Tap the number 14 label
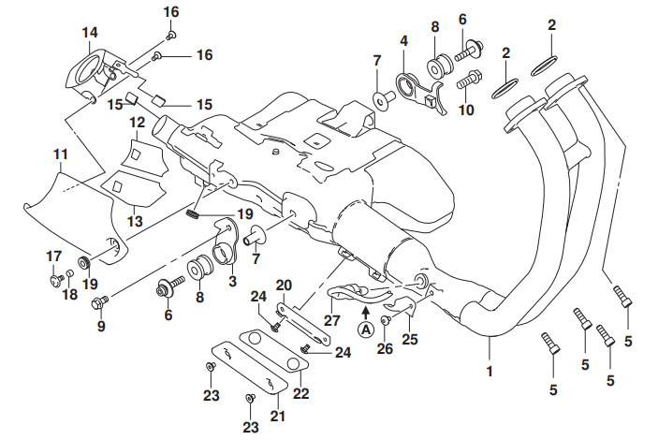pyautogui.click(x=90, y=34)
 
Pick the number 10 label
pyautogui.click(x=466, y=110)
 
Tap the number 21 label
pyautogui.click(x=276, y=414)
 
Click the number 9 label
pyautogui.click(x=100, y=327)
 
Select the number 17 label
pyautogui.click(x=53, y=256)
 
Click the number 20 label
pyautogui.click(x=285, y=285)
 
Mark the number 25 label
pyautogui.click(x=408, y=339)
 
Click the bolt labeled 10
pyautogui.click(x=470, y=80)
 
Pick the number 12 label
pyautogui.click(x=138, y=123)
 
